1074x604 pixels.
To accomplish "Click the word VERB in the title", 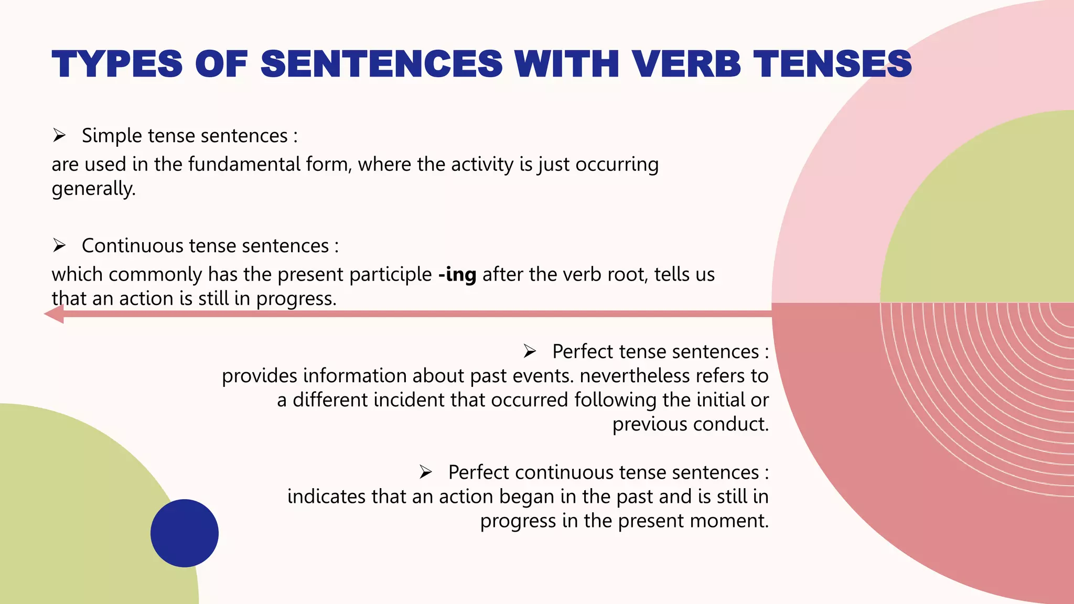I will pos(686,64).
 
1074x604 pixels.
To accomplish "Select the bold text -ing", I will pos(457,275).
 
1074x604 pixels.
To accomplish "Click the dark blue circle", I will pos(185,533).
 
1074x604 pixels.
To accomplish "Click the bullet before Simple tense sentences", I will pos(59,136).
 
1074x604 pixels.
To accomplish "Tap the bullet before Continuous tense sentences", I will pos(59,245).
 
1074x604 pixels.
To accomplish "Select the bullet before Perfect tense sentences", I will pos(530,351).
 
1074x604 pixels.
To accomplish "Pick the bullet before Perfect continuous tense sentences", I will pos(425,472).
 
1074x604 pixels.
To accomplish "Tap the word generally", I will pos(93,189).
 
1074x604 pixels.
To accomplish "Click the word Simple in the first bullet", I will pos(112,136).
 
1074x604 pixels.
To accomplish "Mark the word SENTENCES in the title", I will pos(382,64).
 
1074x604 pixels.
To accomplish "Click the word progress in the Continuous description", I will pos(295,299).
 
